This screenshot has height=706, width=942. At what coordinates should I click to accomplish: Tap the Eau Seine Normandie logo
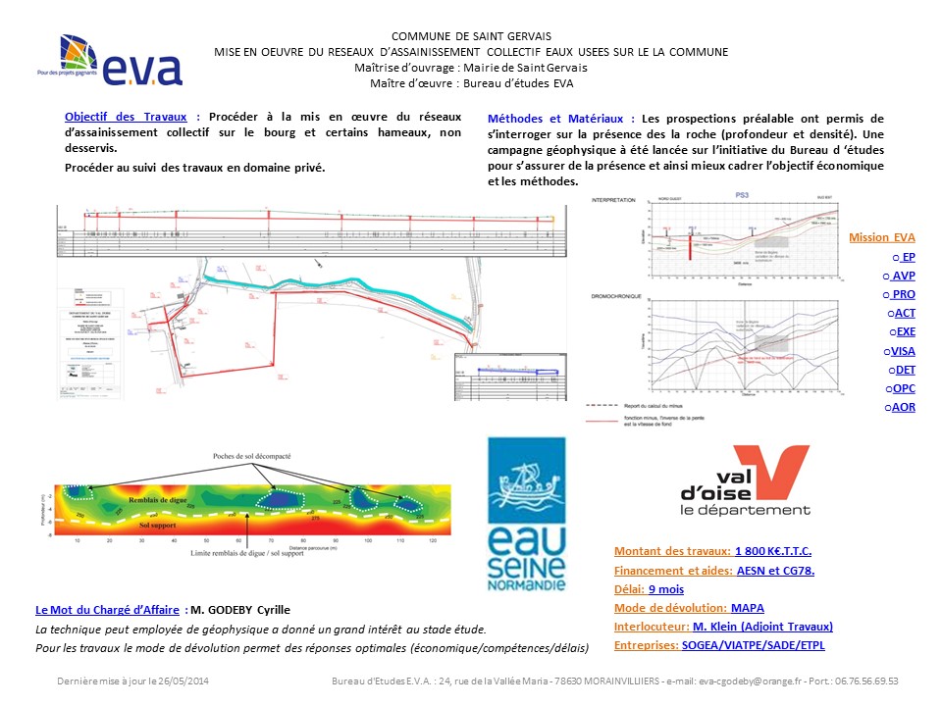pos(527,516)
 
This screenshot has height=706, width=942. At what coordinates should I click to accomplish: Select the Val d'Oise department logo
pos(745,480)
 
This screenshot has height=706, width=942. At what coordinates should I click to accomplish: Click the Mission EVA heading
pos(881,237)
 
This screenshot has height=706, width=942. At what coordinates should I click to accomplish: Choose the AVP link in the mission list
pos(904,276)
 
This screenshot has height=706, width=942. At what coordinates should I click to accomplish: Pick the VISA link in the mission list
pos(902,350)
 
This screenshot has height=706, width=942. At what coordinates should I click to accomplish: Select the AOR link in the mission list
pos(902,406)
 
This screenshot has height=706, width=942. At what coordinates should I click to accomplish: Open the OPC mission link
pos(902,387)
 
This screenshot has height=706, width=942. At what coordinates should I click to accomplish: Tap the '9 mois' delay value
pos(665,589)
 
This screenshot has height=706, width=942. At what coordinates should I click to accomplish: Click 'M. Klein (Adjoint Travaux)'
pos(762,627)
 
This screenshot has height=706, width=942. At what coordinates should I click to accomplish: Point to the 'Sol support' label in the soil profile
pos(156,527)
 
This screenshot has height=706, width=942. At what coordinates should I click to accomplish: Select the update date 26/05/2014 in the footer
pos(182,681)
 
